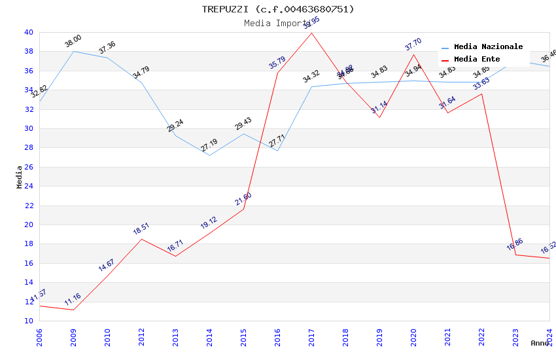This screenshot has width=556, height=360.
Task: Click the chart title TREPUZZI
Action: pos(278,9)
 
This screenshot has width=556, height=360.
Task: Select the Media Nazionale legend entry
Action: pos(488,47)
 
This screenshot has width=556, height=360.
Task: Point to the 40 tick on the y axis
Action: pos(29,32)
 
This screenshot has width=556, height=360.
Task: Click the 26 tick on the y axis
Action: pos(29,167)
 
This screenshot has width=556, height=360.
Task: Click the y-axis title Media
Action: pos(20,177)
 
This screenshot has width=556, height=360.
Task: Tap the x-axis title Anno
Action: pos(540,343)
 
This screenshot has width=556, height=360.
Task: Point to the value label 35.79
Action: pos(277,63)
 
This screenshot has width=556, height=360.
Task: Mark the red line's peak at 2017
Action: pos(311,33)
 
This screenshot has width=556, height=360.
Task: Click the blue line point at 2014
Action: pos(209,155)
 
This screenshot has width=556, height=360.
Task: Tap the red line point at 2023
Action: pos(515,255)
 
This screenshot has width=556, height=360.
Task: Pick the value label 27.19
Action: pos(209,145)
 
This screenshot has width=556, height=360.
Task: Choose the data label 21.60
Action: pos(243,199)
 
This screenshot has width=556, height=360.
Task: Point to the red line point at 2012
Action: pos(141,239)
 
